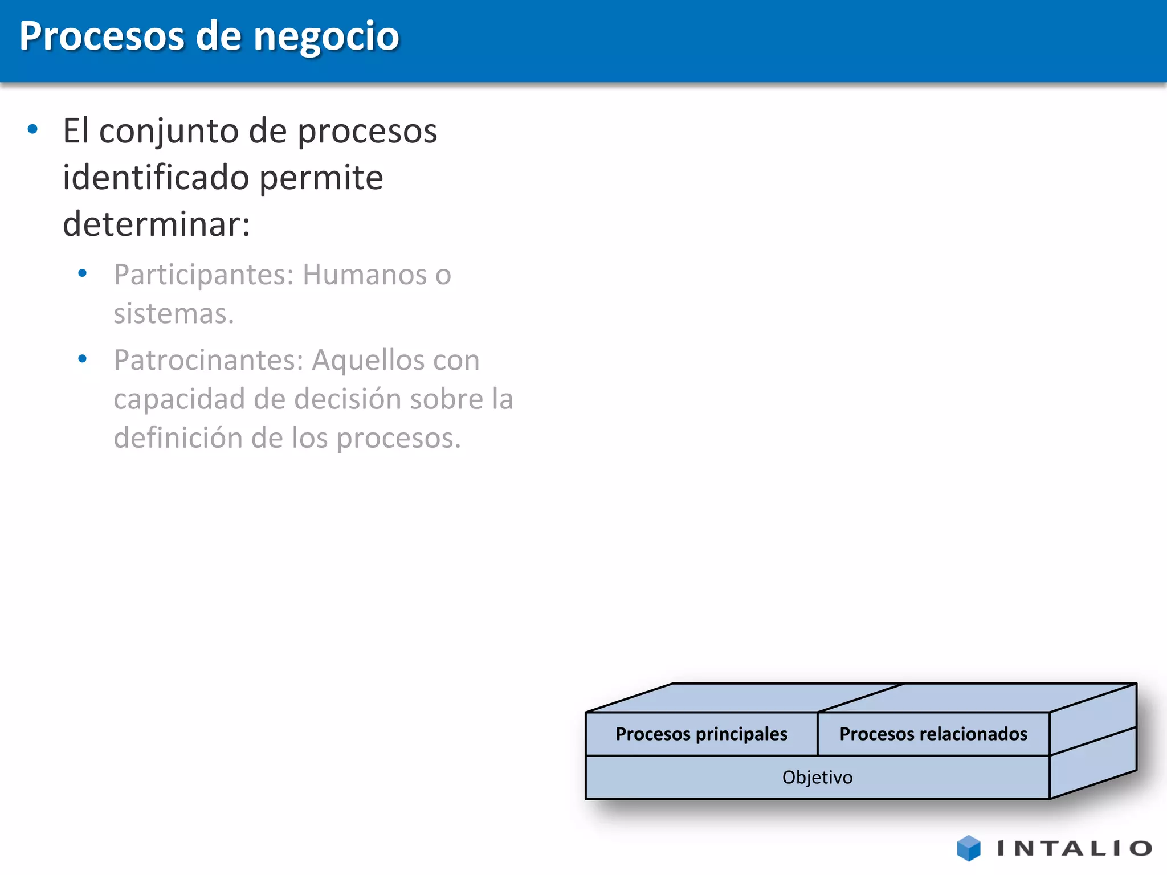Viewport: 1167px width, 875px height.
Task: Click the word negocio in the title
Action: pos(326,37)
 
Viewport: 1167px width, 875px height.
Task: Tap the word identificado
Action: pos(156,178)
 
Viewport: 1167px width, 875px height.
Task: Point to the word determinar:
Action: pos(156,224)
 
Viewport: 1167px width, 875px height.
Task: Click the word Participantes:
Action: pos(203,275)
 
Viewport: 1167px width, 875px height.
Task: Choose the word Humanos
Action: pos(364,275)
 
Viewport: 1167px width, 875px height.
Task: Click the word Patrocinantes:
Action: pos(209,361)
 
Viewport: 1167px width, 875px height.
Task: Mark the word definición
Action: pos(178,438)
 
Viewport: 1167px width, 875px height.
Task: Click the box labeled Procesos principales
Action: pos(701,734)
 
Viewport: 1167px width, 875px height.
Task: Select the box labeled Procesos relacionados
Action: pos(933,734)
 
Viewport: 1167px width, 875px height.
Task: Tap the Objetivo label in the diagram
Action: pos(817,778)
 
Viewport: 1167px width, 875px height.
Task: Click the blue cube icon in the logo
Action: pos(969,848)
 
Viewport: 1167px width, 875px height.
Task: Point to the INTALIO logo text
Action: pos(1074,849)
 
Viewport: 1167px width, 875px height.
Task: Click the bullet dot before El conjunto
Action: pos(32,129)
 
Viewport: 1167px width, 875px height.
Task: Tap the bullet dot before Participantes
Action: pos(83,273)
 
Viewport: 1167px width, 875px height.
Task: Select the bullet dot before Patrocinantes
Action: pos(83,359)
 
